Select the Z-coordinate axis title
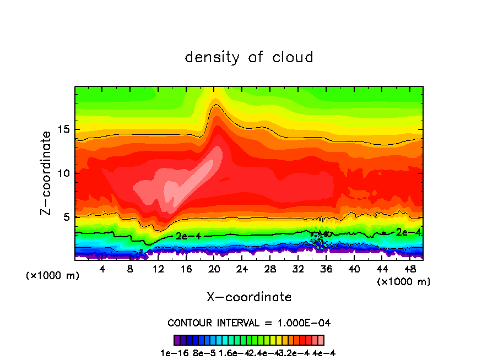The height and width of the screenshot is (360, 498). pos(48,173)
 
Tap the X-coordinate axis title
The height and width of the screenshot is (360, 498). pos(249,297)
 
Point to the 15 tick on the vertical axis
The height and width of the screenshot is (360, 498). pos(64,130)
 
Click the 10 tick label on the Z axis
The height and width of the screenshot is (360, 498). pos(64,173)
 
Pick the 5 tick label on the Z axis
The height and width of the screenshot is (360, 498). pos(67,217)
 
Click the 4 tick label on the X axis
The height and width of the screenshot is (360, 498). pos(102,269)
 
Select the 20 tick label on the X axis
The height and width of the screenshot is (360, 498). pos(214,269)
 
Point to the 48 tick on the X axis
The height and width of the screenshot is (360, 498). pos(410,269)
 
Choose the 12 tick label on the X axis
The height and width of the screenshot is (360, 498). pos(158,269)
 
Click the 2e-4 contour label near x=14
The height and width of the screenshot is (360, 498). pos(188,236)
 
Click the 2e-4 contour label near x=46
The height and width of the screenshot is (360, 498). pos(408,232)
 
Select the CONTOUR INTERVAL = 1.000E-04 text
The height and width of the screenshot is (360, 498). pos(249,323)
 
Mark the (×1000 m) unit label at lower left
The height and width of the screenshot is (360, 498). pos(53,276)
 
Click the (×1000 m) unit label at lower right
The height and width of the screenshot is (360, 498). pos(404,282)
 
